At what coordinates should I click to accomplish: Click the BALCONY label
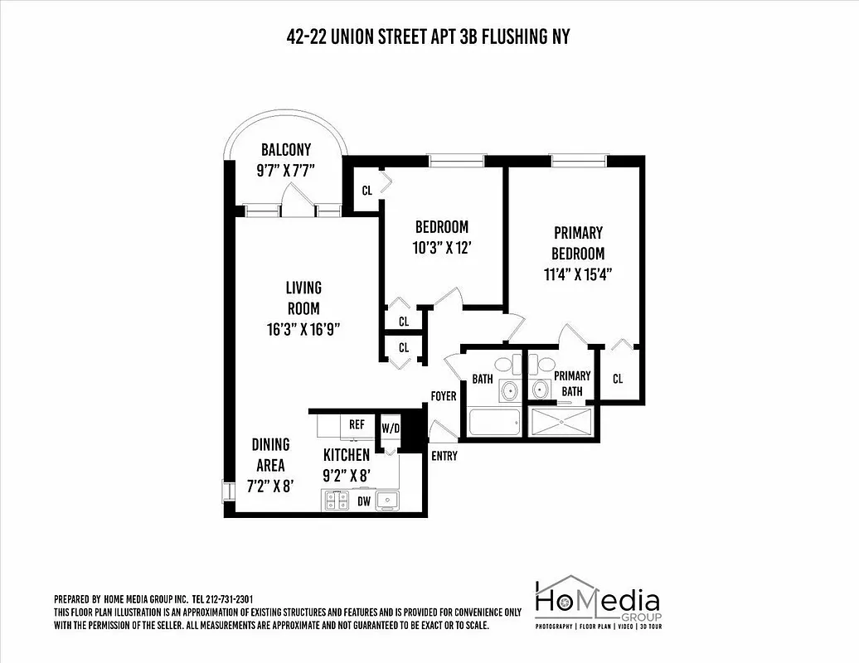coord(285,150)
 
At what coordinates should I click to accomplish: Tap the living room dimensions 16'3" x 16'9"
coord(303,328)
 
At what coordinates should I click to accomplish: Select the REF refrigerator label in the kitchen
coord(357,424)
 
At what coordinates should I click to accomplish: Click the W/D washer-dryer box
coord(390,428)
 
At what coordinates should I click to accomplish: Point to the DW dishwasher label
coord(363,501)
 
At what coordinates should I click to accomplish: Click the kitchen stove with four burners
coord(335,500)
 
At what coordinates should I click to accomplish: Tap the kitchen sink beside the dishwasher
coord(386,500)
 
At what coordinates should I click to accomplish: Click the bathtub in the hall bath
coord(495,423)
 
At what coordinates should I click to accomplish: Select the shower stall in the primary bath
coord(562,422)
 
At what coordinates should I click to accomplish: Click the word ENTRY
coord(444,455)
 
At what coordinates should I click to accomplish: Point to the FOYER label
coord(444,396)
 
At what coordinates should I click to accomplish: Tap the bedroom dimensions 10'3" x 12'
coord(442,247)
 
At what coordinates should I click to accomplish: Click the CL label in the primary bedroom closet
coord(618,379)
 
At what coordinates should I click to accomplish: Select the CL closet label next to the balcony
coord(366,191)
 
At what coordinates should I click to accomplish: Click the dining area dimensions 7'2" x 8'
coord(270,486)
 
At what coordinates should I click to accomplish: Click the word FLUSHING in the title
coord(511,36)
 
